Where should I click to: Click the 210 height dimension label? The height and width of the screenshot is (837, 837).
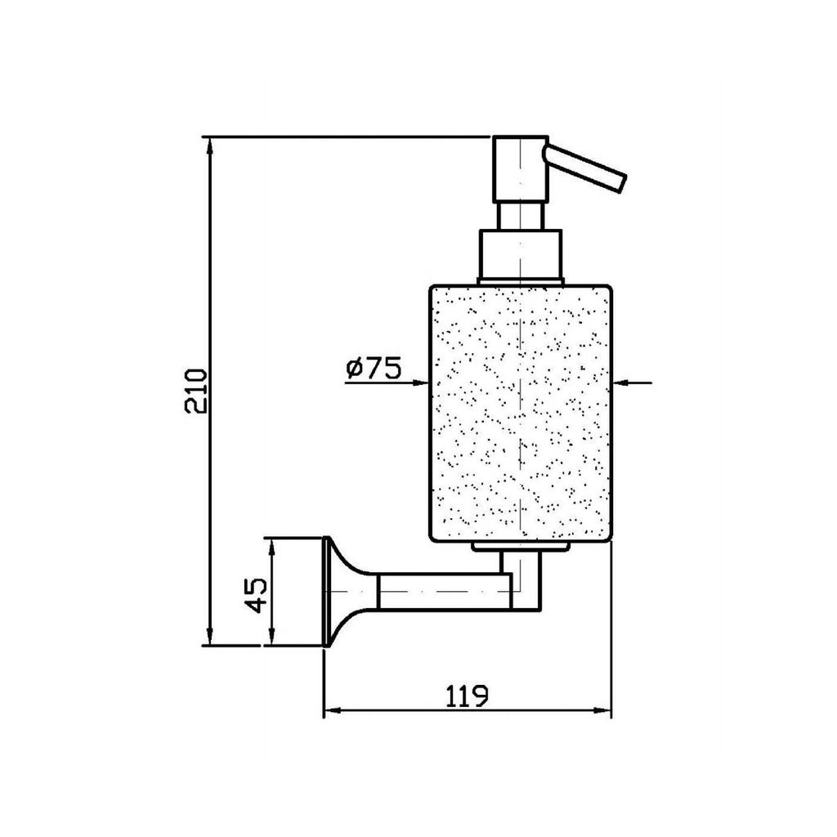click(195, 391)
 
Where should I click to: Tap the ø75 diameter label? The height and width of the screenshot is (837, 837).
click(373, 369)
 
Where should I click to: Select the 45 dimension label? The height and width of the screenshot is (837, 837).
click(255, 595)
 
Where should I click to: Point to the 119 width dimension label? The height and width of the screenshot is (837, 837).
click(467, 696)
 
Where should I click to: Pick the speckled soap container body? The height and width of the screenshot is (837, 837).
click(521, 414)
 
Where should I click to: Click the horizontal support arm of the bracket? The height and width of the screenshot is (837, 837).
click(444, 592)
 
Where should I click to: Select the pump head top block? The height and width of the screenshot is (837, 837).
click(521, 169)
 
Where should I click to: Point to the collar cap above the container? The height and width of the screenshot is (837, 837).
click(521, 255)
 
